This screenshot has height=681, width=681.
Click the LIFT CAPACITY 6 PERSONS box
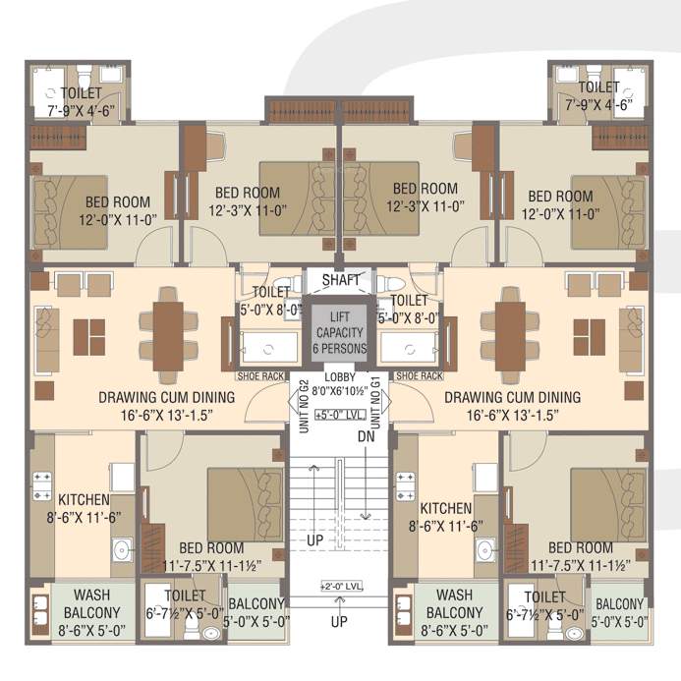click(x=339, y=333)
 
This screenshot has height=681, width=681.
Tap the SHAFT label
click(x=341, y=280)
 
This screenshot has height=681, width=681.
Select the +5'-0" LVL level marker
click(x=340, y=415)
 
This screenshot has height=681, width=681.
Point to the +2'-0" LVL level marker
click(x=341, y=587)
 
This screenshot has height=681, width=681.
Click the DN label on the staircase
click(x=367, y=436)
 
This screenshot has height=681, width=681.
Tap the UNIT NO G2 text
click(x=305, y=407)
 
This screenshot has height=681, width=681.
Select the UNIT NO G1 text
click(x=375, y=402)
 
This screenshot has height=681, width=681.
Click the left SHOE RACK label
click(x=260, y=376)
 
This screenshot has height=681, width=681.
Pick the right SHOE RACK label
click(x=420, y=376)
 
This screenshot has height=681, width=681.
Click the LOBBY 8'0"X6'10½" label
click(x=340, y=384)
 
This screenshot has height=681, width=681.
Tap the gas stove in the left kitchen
click(x=42, y=486)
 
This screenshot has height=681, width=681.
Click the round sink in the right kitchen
click(x=485, y=550)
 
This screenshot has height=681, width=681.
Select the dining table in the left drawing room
click(x=168, y=336)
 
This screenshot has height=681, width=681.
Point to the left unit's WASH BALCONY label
click(x=91, y=603)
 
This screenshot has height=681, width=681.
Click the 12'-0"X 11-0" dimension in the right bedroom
click(x=561, y=214)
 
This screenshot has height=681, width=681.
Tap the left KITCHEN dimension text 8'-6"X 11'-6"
click(x=84, y=518)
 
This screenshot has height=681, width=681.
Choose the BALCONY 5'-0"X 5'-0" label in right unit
click(x=619, y=613)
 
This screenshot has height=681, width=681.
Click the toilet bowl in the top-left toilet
click(x=84, y=77)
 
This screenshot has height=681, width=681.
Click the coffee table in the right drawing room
click(x=590, y=337)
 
